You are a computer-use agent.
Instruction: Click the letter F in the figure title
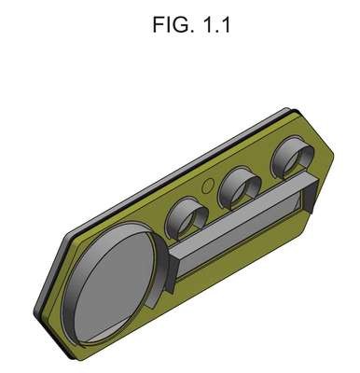158,24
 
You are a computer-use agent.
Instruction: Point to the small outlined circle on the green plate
208,186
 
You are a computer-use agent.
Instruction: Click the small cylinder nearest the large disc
187,217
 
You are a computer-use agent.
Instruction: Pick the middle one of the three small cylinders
239,189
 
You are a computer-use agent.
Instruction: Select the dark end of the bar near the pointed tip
310,197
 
